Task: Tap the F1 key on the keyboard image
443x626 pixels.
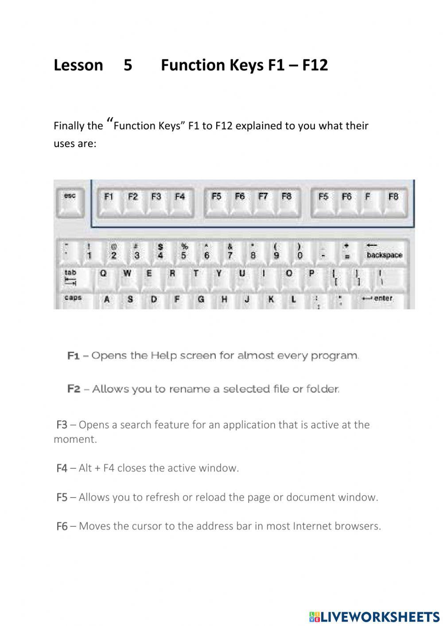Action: [x=109, y=202]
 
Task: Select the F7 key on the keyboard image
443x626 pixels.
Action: [x=263, y=202]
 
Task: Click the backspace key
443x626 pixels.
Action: [x=384, y=252]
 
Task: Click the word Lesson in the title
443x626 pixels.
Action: [x=78, y=65]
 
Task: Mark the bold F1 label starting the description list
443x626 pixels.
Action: [x=73, y=356]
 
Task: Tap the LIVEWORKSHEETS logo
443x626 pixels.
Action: [x=374, y=616]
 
